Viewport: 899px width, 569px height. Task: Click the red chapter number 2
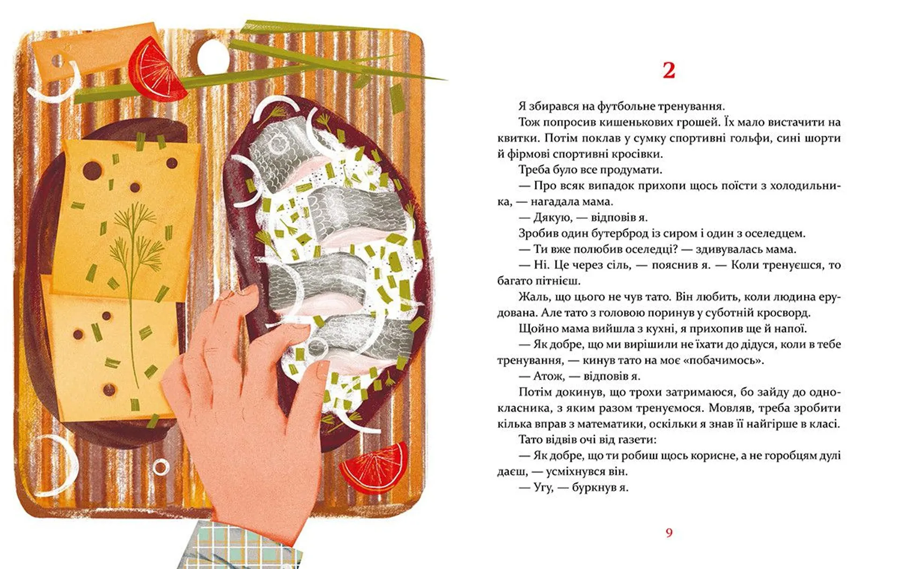point(669,70)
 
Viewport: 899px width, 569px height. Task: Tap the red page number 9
point(669,532)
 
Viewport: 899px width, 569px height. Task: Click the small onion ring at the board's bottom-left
point(161,467)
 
